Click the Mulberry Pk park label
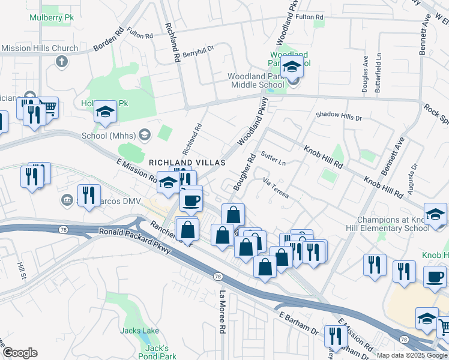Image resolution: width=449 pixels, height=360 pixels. tap(51, 17)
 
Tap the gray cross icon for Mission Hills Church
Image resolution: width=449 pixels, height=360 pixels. tap(61, 61)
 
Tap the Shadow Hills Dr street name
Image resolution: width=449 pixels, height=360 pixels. tap(339, 115)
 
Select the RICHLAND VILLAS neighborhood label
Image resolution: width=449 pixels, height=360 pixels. tap(187, 163)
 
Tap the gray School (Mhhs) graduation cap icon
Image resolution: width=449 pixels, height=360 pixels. tap(144, 134)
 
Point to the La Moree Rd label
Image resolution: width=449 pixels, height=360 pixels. tap(222, 311)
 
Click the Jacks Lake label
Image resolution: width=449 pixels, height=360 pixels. tap(139, 331)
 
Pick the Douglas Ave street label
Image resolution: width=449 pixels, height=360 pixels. tap(365, 74)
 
